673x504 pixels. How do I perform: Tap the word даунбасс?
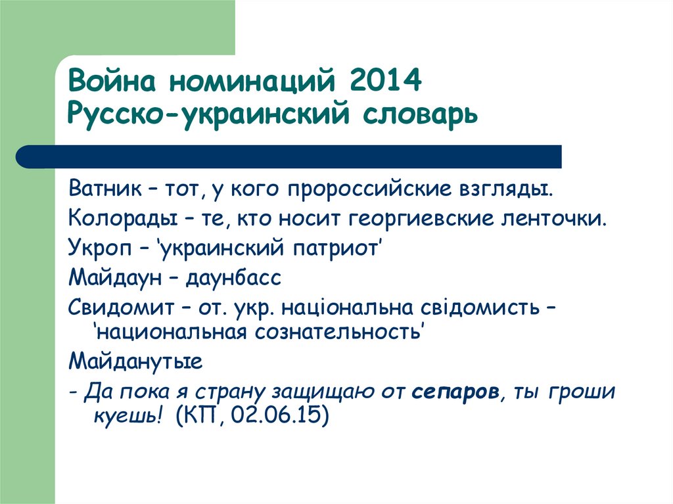tap(233, 277)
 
